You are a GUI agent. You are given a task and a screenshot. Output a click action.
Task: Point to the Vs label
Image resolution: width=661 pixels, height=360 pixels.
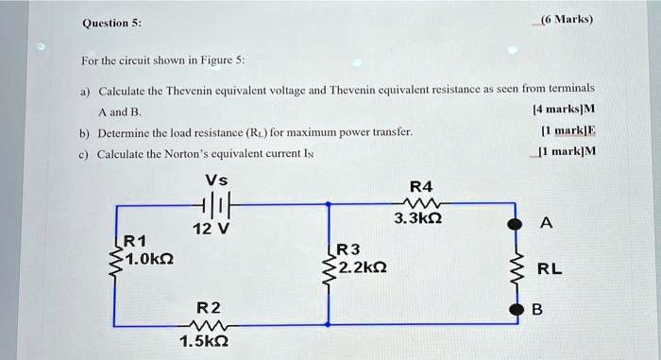tap(215, 180)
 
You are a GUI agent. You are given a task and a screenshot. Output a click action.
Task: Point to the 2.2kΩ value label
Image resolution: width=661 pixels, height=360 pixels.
tap(361, 266)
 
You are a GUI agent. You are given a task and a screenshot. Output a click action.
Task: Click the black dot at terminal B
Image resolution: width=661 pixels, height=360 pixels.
tap(515, 308)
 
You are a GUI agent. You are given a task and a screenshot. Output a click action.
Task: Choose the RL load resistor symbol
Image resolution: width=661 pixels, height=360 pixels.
tap(515, 267)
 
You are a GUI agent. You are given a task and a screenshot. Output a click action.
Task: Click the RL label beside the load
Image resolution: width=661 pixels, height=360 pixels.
tap(550, 268)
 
